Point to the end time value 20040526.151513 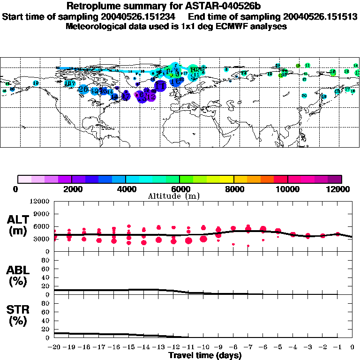coord(311,16)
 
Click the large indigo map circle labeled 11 coord(160,86)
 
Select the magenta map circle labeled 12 coord(151,97)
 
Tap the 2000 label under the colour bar coord(72,189)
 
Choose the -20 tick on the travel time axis coord(54,347)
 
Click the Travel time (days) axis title coord(205,356)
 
